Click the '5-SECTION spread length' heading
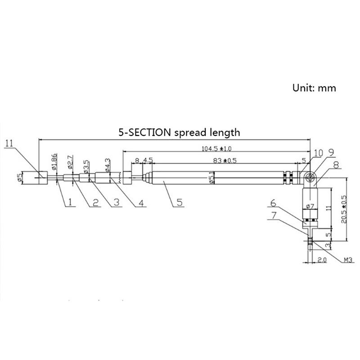click(179, 132)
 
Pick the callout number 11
click(10, 144)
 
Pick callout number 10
click(318, 154)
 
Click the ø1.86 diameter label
click(54, 161)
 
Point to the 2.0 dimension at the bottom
click(321, 260)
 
